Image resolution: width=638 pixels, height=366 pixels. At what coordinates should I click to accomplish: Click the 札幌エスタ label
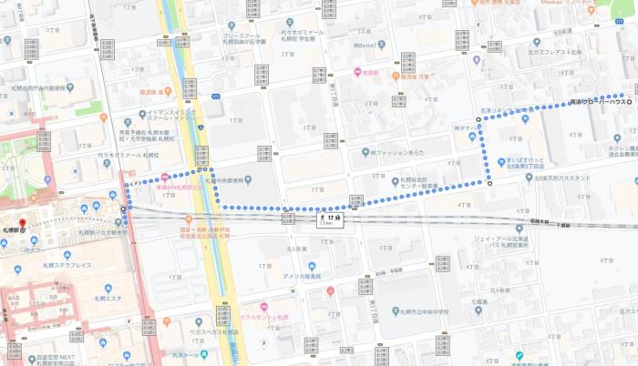[x=108, y=299]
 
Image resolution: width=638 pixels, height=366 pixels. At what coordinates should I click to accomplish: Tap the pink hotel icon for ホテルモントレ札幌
[x=263, y=307]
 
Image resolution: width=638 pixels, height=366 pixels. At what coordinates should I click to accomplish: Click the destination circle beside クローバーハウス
[x=628, y=96]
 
